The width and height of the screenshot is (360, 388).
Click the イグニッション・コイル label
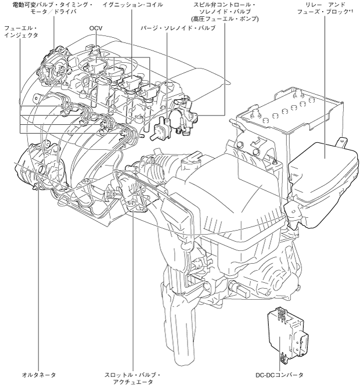(132, 5)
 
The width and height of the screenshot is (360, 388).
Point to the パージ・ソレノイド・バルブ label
(167, 27)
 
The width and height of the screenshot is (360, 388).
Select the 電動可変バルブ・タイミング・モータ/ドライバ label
(49, 8)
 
